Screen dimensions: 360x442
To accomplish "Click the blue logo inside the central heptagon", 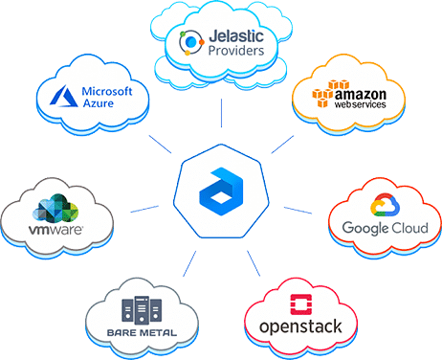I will (x=219, y=187).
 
